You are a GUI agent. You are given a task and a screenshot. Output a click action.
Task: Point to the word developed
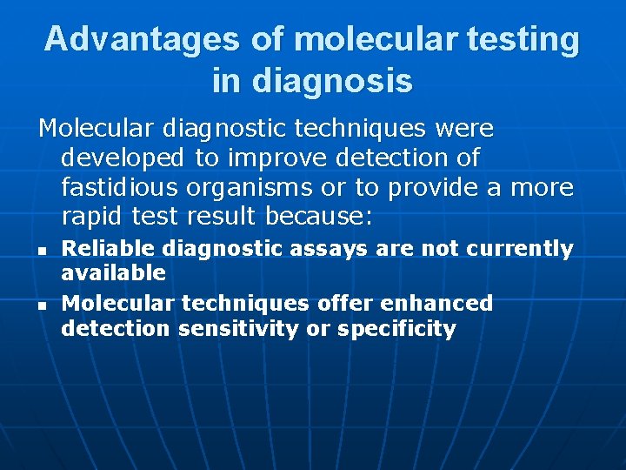click(x=123, y=158)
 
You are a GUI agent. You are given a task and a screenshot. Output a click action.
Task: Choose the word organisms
click(x=254, y=187)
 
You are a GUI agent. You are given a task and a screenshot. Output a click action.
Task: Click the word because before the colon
click(x=316, y=216)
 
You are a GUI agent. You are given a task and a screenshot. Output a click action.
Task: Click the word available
click(x=113, y=273)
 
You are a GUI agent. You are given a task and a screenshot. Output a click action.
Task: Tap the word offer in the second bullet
click(x=334, y=303)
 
